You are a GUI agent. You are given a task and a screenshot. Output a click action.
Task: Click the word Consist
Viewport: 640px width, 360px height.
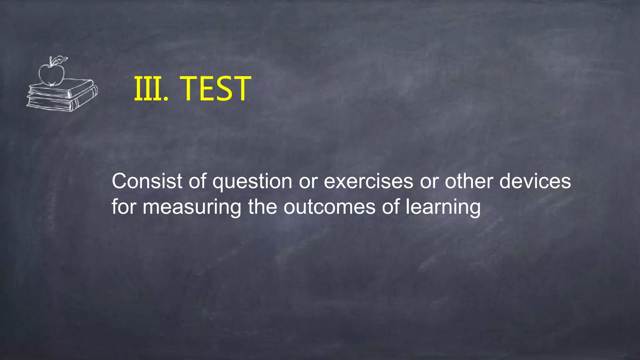pos(147,181)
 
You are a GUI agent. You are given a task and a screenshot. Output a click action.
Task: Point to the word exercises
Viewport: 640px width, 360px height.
pos(368,181)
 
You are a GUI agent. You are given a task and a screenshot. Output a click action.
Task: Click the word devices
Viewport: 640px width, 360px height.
pos(535,181)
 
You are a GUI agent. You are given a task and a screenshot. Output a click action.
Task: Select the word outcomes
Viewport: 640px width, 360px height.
pos(329,207)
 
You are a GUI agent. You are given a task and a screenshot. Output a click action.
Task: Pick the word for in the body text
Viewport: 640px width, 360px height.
pos(124,207)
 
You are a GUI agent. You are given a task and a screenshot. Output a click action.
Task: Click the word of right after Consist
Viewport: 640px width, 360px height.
pos(197,181)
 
